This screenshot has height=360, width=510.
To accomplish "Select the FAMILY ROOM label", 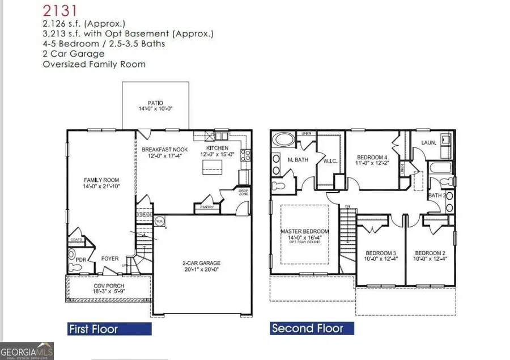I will point(101,180).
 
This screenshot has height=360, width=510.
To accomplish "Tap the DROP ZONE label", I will point(243,193).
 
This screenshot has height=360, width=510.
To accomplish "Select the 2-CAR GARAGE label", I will point(201,263).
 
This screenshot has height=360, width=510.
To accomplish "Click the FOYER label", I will point(110,259).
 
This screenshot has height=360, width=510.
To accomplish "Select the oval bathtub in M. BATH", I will point(282,140).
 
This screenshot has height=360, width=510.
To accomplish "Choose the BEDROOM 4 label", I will point(372,157).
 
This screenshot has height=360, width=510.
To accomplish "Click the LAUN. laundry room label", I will point(429,143).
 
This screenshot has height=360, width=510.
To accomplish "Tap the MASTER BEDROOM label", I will point(305,231).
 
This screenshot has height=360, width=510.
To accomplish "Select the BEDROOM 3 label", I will point(380,253).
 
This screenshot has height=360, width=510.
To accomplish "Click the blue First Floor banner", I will point(93,329).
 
